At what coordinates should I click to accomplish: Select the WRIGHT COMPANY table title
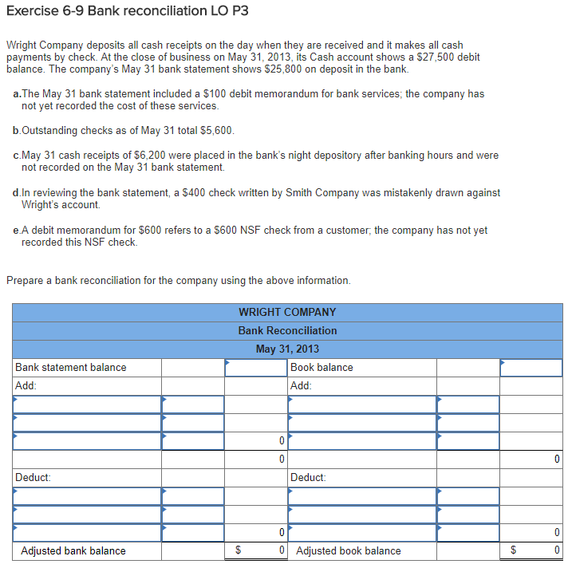[287, 312]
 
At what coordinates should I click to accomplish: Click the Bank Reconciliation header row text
[287, 330]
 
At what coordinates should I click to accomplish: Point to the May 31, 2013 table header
[287, 349]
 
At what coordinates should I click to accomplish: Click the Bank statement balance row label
[71, 367]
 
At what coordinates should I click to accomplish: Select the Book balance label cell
[322, 367]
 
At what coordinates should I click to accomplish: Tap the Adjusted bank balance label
[73, 550]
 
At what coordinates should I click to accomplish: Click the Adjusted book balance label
[349, 550]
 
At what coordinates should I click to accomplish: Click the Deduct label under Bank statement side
[34, 477]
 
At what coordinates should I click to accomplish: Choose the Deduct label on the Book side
[308, 477]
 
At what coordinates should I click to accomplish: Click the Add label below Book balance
[301, 385]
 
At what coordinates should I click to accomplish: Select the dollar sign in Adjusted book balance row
[514, 550]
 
